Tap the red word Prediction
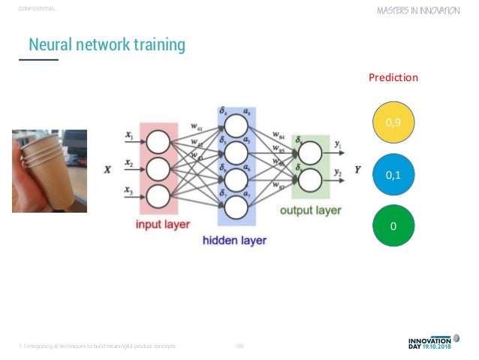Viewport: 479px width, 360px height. tap(393, 77)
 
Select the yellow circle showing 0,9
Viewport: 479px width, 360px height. tap(393, 120)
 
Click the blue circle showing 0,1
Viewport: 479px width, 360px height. tap(393, 174)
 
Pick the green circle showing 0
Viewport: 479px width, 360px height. tap(393, 225)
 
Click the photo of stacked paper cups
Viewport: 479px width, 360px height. tap(49, 169)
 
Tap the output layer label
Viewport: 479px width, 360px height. tap(312, 210)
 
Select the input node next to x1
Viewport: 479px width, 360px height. tap(158, 141)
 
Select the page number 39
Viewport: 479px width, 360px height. tap(240, 346)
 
